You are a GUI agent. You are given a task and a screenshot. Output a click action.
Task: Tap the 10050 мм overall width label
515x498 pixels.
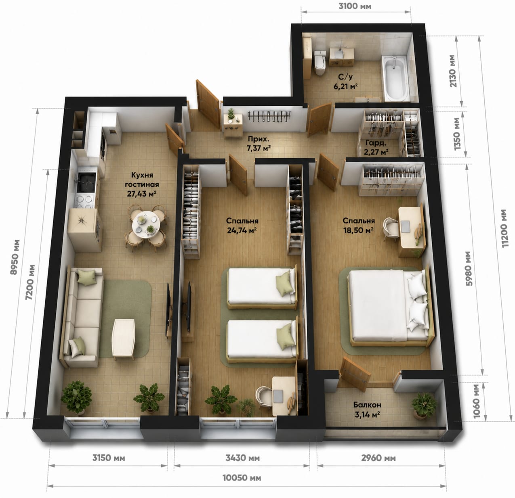click(x=242, y=478)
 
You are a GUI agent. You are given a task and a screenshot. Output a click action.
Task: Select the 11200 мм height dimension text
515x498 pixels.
click(x=504, y=228)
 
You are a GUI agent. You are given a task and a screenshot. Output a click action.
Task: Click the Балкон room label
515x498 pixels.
click(x=367, y=405)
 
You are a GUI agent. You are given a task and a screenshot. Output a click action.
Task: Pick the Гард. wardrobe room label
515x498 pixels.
click(x=376, y=143)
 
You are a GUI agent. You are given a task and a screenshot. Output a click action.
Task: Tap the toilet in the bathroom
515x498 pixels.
click(x=320, y=63)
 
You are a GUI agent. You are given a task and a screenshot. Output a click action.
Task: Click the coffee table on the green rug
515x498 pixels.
click(x=123, y=338)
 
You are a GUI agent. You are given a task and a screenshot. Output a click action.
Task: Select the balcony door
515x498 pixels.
click(x=355, y=374)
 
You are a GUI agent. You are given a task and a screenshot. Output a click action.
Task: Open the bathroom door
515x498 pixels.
click(x=320, y=120)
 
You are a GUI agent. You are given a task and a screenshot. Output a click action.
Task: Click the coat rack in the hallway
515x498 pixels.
click(x=269, y=116)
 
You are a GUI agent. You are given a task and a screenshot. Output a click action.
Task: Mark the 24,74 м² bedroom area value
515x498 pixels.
click(x=242, y=230)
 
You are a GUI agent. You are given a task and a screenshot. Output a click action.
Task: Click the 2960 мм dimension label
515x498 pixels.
click(x=378, y=458)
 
